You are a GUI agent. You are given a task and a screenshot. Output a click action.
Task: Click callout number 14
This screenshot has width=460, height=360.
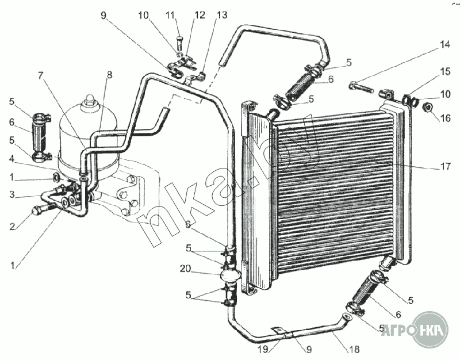(446, 44)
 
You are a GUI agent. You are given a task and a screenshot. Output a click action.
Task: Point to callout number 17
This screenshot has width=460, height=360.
(446, 167)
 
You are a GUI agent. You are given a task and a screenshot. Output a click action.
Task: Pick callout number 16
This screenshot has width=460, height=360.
(446, 118)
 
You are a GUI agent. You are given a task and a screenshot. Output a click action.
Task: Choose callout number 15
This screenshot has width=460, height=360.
(446, 72)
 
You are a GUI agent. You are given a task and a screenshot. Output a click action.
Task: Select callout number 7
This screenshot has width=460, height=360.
(41, 75)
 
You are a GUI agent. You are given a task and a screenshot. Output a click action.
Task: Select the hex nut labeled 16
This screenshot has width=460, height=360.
(428, 106)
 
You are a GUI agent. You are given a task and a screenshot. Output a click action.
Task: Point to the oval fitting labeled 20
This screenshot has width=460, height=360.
(230, 274)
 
